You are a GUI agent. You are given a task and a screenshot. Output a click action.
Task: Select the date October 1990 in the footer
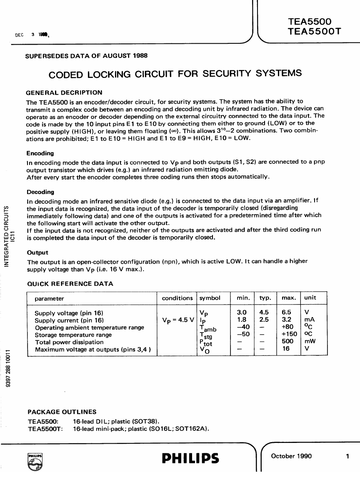click(291, 456)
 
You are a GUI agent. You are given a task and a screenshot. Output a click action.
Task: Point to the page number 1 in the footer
click(347, 456)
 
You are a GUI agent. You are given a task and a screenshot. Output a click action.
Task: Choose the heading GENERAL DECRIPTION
click(64, 92)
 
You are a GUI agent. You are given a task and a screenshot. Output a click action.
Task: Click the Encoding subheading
click(40, 153)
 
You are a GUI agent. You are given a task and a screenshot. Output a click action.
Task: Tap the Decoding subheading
click(40, 192)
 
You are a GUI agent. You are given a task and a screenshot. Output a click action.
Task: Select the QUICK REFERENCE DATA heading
click(70, 284)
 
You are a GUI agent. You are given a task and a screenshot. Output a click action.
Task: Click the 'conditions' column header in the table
click(177, 298)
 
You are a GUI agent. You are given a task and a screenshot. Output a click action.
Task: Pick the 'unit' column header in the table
click(310, 297)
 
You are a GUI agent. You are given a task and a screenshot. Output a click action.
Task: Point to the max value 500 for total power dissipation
click(288, 341)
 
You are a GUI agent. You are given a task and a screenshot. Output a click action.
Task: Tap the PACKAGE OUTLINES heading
click(62, 412)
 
